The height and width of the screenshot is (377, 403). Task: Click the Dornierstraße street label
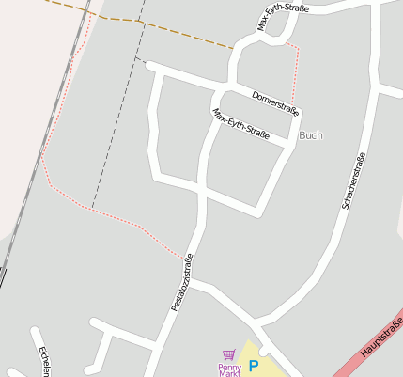click(275, 103)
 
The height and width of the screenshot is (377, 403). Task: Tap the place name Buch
click(310, 135)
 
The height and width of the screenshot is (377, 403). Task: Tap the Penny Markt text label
click(230, 369)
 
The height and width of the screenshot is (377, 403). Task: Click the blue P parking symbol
click(253, 366)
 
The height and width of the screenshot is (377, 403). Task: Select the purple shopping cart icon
click(228, 355)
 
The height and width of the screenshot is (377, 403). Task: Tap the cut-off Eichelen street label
click(43, 362)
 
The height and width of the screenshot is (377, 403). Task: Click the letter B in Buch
click(302, 135)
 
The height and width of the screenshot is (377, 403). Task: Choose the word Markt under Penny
click(230, 373)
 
